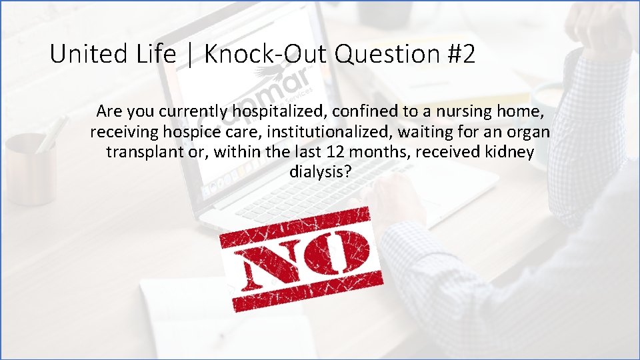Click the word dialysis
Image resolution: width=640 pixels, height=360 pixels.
[321, 172]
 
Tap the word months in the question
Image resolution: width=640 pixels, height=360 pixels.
[384, 152]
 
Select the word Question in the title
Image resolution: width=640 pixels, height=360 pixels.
[386, 55]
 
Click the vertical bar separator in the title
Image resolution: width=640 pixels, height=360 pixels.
[190, 55]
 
